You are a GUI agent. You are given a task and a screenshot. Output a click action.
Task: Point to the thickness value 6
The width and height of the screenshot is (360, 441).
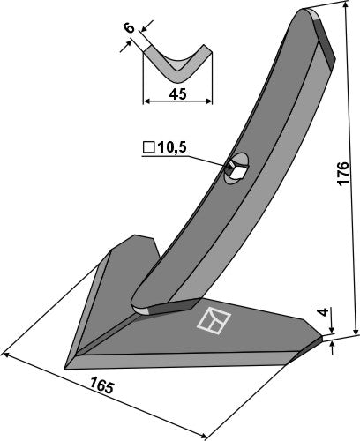(129, 29)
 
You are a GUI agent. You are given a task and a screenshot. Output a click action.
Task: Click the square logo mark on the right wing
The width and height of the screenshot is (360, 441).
(211, 322)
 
